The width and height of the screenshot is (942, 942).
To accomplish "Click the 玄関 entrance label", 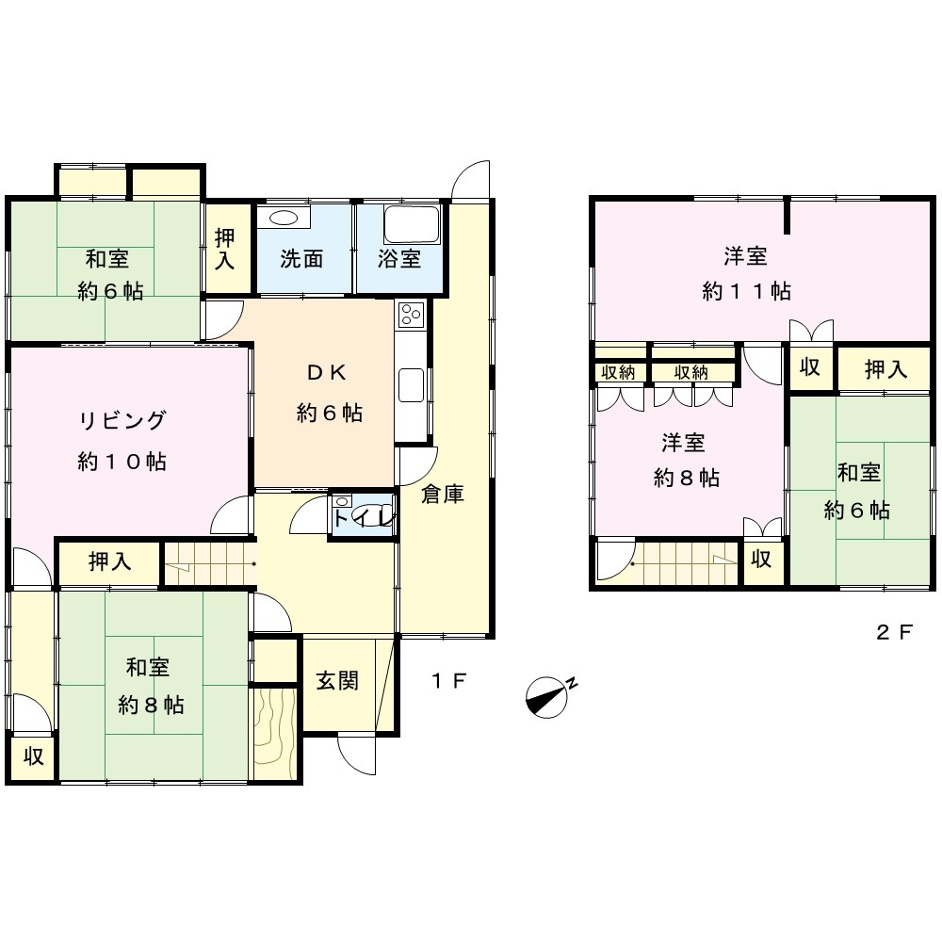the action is point(337,681).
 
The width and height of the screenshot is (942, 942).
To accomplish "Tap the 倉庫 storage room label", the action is point(442,494).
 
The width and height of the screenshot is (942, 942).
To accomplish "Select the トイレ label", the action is point(364,517).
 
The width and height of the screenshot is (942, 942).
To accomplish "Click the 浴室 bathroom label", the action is point(398,259).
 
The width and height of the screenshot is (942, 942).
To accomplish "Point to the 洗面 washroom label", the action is point(301,259).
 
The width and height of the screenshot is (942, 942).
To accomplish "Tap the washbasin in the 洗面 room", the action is point(283,217).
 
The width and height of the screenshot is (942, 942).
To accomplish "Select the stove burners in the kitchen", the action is point(412,315).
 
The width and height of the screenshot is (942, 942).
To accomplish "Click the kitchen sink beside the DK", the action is point(412,385).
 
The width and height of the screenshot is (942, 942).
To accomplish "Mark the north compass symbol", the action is point(548,698).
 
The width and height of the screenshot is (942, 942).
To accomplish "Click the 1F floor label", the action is point(448,681).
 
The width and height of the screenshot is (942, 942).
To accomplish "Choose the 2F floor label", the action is point(895,632).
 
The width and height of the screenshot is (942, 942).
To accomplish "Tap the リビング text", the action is point(122,420).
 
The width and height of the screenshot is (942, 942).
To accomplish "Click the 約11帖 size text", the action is point(746,291).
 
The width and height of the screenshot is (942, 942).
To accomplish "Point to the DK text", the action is point(327,373).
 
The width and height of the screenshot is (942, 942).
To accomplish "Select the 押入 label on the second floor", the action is point(885,369).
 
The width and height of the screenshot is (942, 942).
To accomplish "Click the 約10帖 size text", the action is point(122,462).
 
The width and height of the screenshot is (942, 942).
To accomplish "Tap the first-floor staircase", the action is point(210,563).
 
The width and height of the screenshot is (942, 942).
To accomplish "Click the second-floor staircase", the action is point(686,563).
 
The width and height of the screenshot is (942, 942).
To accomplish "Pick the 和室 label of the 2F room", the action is point(859,472).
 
